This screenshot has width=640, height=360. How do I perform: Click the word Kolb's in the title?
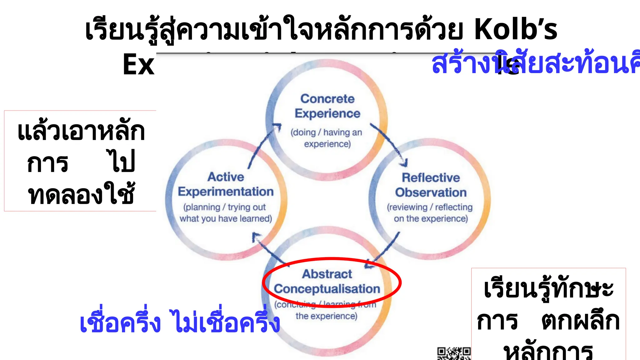coord(516,30)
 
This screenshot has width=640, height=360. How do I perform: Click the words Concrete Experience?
coord(327,106)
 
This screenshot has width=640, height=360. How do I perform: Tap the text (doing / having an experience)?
coord(327,138)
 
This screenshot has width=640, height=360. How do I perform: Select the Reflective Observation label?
coord(431,185)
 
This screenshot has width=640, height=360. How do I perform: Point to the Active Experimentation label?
coord(226,184)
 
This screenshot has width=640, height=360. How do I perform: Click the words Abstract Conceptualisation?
coord(327,282)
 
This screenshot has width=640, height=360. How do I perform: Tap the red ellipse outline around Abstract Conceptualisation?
coord(398,281)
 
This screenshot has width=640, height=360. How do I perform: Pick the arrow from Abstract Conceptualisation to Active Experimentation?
coord(269,248)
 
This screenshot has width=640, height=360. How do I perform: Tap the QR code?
coord(454,353)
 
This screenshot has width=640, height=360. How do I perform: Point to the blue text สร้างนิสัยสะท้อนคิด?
coord(534,64)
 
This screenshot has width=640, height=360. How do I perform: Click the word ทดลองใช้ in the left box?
coord(81,195)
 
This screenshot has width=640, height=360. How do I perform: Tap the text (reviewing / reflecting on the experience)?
coord(430,213)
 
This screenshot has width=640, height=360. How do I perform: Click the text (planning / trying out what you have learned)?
coord(226,213)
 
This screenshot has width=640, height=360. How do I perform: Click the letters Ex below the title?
coord(139,64)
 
